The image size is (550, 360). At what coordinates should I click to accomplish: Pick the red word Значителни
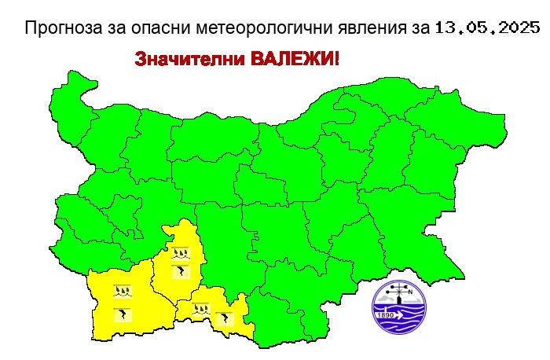[x=182, y=61]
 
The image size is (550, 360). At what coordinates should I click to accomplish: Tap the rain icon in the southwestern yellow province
[x=122, y=292]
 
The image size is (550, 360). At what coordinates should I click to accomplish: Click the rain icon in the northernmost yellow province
[x=181, y=253]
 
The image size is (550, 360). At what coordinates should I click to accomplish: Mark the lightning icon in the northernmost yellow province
[x=181, y=272]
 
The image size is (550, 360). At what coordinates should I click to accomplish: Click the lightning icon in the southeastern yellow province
[x=225, y=318]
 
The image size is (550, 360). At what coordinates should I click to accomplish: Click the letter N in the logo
[x=411, y=293]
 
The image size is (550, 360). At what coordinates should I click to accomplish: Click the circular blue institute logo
[x=399, y=306]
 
